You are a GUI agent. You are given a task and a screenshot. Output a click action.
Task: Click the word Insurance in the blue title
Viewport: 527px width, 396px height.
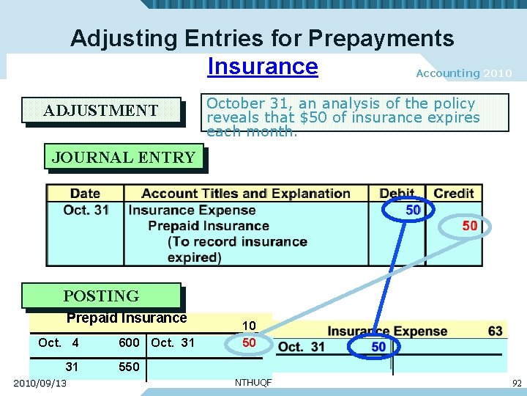click(x=263, y=66)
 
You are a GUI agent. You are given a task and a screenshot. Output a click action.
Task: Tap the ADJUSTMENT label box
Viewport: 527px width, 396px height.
click(x=101, y=111)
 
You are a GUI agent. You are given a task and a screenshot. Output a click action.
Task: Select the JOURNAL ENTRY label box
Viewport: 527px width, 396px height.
click(x=123, y=157)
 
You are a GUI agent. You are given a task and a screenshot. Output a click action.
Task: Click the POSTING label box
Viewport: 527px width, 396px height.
click(x=101, y=296)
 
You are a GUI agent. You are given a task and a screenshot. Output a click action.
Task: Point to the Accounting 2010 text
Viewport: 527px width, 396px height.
click(x=463, y=73)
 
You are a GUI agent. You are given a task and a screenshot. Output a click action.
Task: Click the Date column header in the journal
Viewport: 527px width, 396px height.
click(x=85, y=194)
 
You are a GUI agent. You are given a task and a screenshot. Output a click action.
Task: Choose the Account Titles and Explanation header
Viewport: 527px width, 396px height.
click(x=245, y=194)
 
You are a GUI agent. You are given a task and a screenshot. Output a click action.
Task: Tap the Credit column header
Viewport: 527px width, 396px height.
click(x=454, y=194)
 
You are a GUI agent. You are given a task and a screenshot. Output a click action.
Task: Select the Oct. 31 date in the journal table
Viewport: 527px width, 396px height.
click(x=86, y=210)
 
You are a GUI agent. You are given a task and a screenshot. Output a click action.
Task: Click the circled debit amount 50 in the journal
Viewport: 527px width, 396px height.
click(x=412, y=210)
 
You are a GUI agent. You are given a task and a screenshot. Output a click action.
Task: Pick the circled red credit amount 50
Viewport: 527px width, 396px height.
click(x=469, y=225)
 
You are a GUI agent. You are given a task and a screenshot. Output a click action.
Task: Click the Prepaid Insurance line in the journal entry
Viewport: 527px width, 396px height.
click(x=209, y=226)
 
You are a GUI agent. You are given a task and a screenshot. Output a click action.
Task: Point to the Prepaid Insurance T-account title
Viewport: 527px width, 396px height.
click(x=127, y=318)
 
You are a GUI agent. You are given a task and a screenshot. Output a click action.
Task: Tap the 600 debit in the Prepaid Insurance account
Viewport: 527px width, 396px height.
click(x=129, y=342)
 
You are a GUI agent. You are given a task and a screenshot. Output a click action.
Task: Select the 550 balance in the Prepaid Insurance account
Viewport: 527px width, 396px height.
click(x=129, y=367)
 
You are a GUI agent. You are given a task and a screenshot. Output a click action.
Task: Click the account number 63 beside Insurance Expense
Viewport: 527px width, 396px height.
click(x=496, y=331)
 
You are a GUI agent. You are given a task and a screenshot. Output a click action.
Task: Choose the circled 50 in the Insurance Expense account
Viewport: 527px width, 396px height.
click(x=378, y=347)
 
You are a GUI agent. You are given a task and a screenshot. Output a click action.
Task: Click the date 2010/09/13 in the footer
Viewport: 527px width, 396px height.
click(x=40, y=384)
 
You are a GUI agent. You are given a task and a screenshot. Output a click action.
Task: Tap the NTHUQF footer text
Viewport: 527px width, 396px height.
click(x=253, y=383)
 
